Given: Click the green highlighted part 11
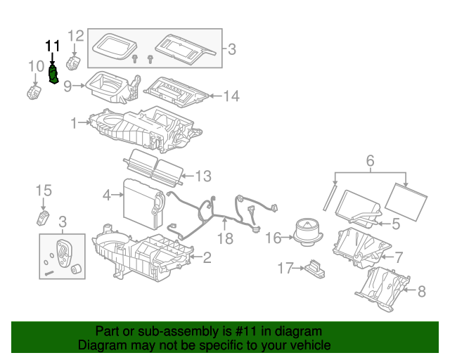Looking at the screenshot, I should pyautogui.click(x=53, y=74).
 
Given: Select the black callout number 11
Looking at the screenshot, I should pyautogui.click(x=53, y=46).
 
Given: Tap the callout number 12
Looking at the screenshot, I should pyautogui.click(x=75, y=35).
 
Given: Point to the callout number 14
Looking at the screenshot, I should pyautogui.click(x=231, y=96).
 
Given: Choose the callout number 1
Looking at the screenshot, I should pyautogui.click(x=73, y=123).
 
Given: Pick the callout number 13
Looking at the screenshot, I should pyautogui.click(x=202, y=175).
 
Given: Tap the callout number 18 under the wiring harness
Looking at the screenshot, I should pyautogui.click(x=225, y=240).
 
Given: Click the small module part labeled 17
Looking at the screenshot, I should pyautogui.click(x=314, y=267).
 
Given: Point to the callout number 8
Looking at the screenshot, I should pyautogui.click(x=422, y=290).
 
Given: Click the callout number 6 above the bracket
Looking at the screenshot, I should pyautogui.click(x=370, y=162).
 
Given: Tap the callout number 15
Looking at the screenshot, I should pyautogui.click(x=44, y=190).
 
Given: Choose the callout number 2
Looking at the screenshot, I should pyautogui.click(x=207, y=257).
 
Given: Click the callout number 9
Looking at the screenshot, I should pyautogui.click(x=68, y=86).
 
